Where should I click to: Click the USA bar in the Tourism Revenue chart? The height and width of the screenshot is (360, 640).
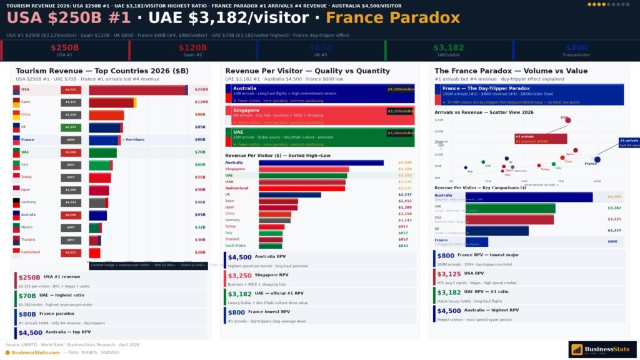[137, 90]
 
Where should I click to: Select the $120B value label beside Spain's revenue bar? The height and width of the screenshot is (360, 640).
[201, 102]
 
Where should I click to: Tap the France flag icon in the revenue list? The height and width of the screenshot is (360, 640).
[16, 139]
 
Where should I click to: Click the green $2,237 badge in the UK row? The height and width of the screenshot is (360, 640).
[71, 127]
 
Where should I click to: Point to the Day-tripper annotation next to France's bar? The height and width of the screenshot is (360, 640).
[134, 139]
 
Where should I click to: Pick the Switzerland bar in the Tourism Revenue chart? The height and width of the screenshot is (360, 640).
[94, 252]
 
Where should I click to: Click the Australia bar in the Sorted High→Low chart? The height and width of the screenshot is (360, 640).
[321, 162]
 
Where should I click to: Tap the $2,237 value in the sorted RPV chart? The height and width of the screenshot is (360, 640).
[405, 194]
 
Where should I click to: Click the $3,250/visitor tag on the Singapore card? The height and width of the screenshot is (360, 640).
[400, 111]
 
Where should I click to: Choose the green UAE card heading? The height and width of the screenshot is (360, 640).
[239, 132]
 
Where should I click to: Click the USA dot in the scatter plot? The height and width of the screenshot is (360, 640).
[567, 120]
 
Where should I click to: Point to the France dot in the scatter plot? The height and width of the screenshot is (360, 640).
[597, 159]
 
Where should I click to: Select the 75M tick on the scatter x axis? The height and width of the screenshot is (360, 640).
[561, 181]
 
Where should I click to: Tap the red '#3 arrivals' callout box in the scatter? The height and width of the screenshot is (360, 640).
[541, 139]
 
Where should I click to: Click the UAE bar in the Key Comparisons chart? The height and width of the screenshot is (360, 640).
[510, 208]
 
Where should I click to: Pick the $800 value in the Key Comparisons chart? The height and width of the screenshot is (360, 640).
[612, 241]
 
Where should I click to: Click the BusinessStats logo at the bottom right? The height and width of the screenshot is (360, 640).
[602, 349]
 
